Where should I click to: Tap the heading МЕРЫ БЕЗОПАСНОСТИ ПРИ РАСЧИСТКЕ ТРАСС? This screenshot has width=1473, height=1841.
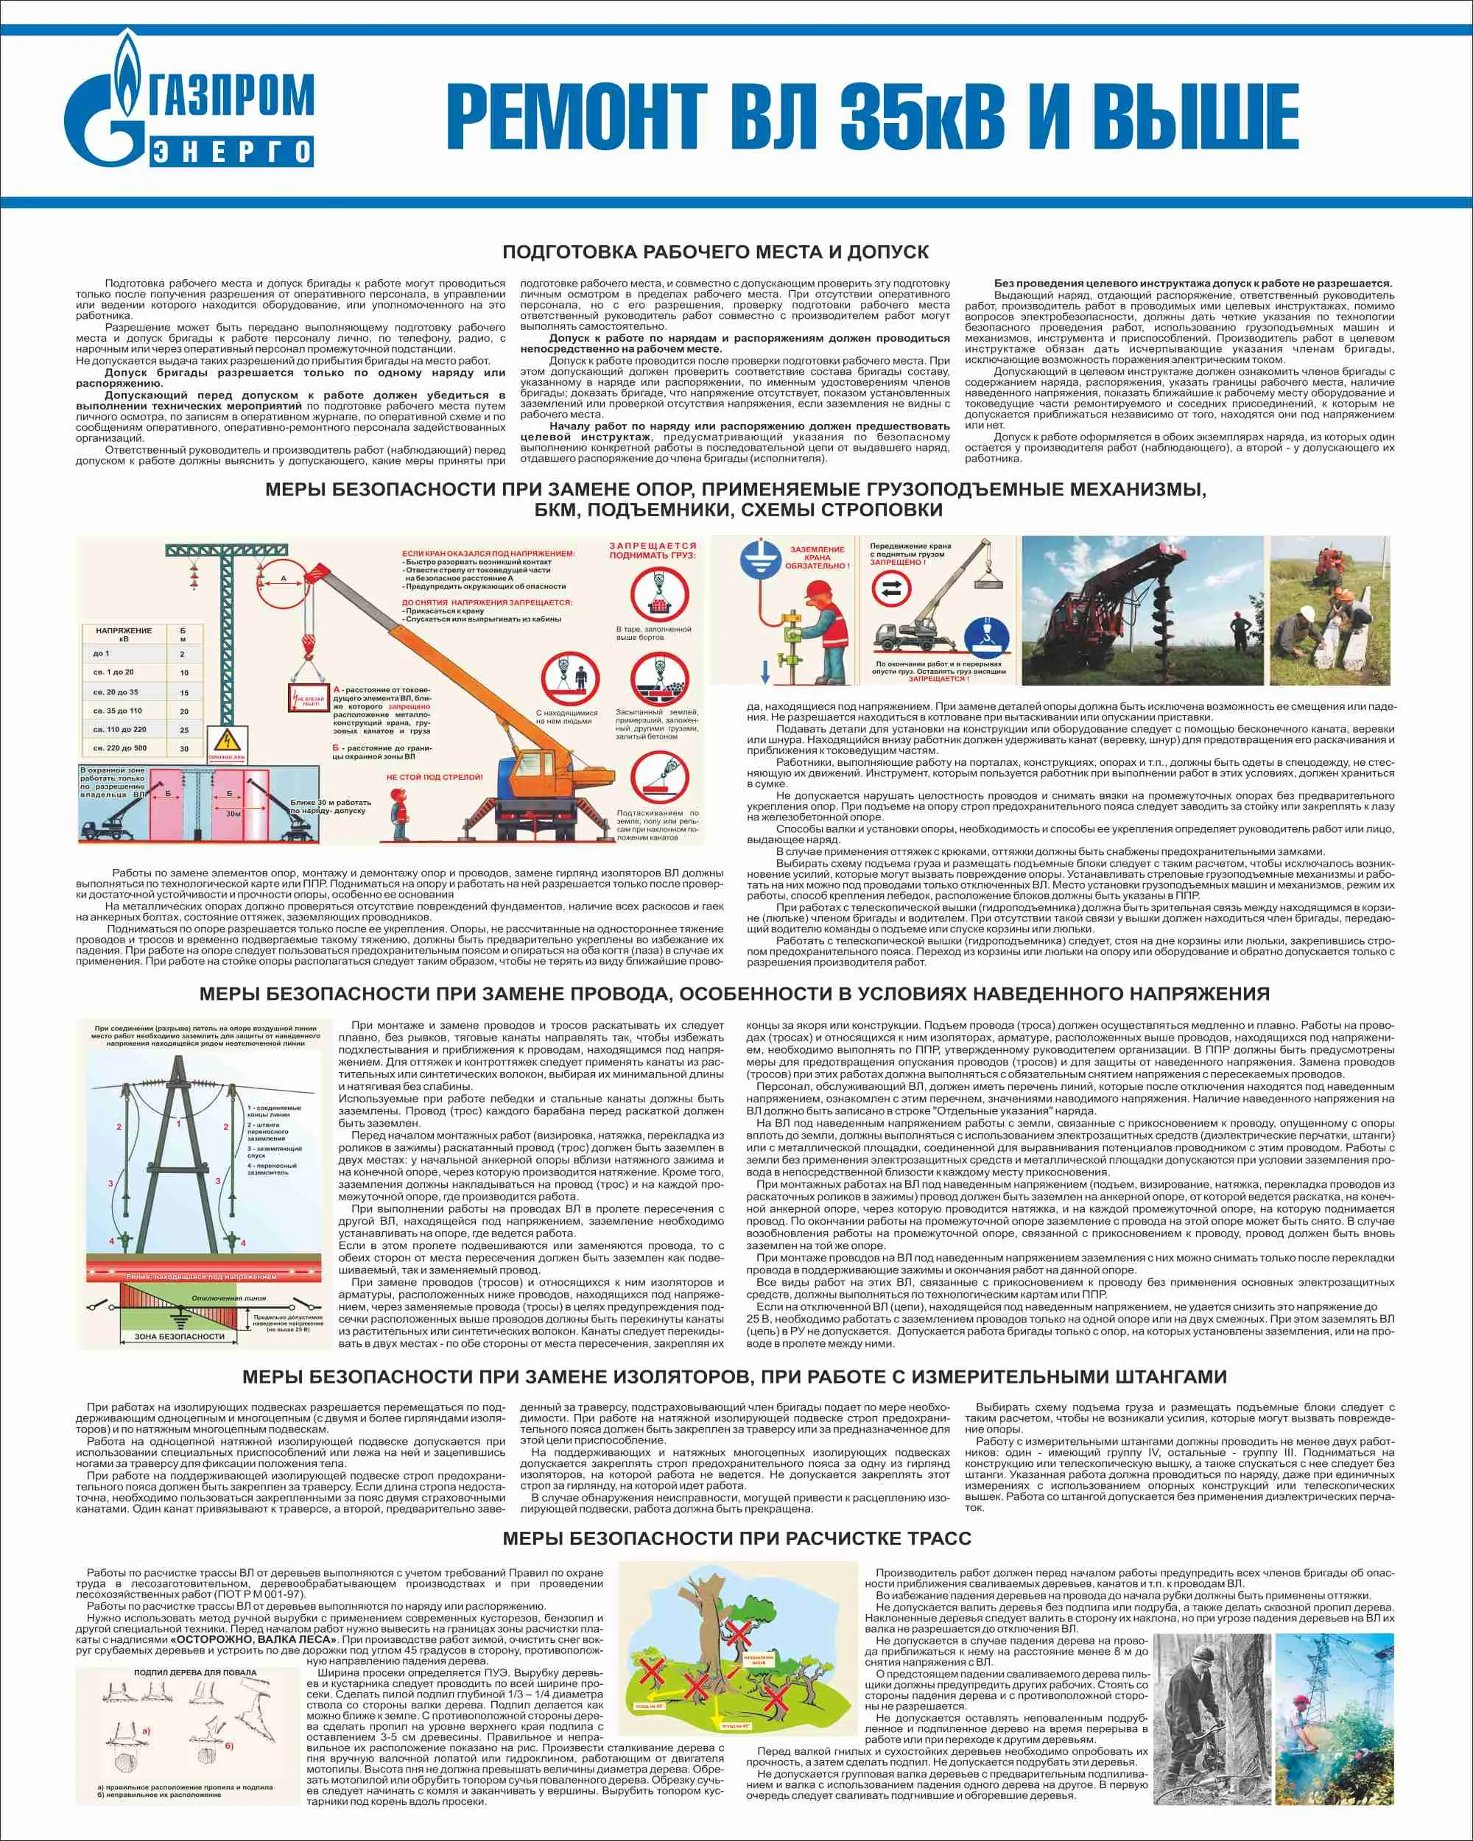click(x=736, y=1539)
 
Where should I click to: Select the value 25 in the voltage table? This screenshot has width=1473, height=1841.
click(x=183, y=730)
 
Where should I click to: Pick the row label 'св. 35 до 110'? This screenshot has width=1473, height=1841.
click(x=118, y=711)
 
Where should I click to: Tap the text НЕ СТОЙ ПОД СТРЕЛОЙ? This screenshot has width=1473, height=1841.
click(x=434, y=778)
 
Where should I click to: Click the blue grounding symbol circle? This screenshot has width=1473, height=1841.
click(x=761, y=555)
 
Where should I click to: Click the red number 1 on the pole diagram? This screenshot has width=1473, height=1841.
click(x=178, y=1124)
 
